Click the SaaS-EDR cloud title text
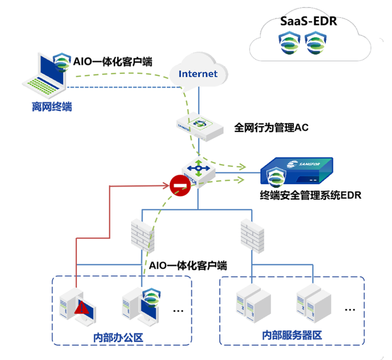pyautogui.click(x=309, y=21)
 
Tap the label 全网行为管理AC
pyautogui.click(x=271, y=128)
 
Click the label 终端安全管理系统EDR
pyautogui.click(x=310, y=195)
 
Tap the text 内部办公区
pyautogui.click(x=118, y=337)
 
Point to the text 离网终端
pyautogui.click(x=52, y=107)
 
